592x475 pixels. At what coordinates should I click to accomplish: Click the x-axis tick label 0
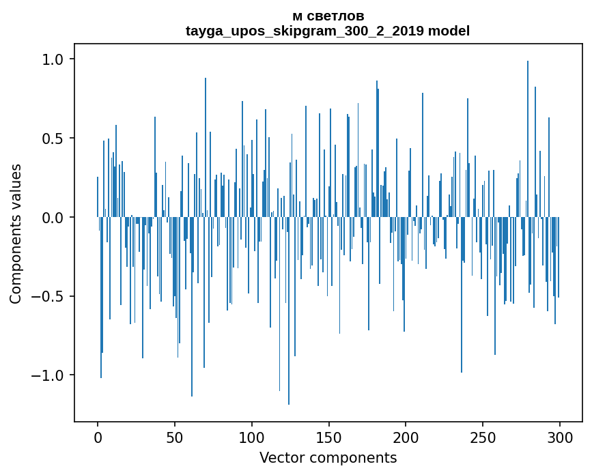pos(98,437)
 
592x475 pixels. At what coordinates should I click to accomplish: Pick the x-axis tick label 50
pos(175,437)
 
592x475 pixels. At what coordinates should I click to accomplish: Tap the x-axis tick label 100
pos(252,437)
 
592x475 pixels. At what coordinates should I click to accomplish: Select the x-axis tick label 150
pos(328,437)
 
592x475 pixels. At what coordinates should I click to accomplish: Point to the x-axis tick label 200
pos(406,437)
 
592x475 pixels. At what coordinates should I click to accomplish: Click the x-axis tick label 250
pos(483,437)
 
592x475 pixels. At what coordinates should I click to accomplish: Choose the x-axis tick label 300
pos(560,437)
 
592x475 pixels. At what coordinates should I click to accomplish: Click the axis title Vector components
pos(328,457)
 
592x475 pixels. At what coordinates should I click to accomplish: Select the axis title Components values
pos(16,233)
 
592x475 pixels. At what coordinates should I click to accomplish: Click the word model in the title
pos(449,31)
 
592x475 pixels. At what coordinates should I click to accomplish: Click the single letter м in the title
pos(296,16)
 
